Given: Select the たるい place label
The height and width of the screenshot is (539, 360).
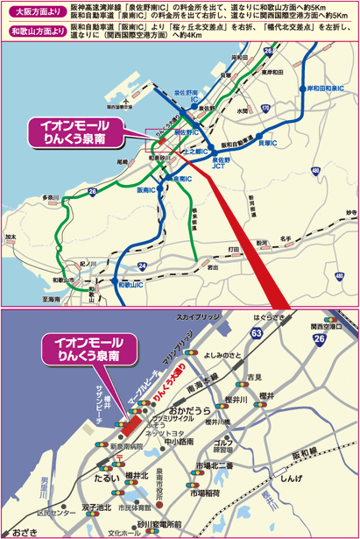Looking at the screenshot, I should coord(105,479).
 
